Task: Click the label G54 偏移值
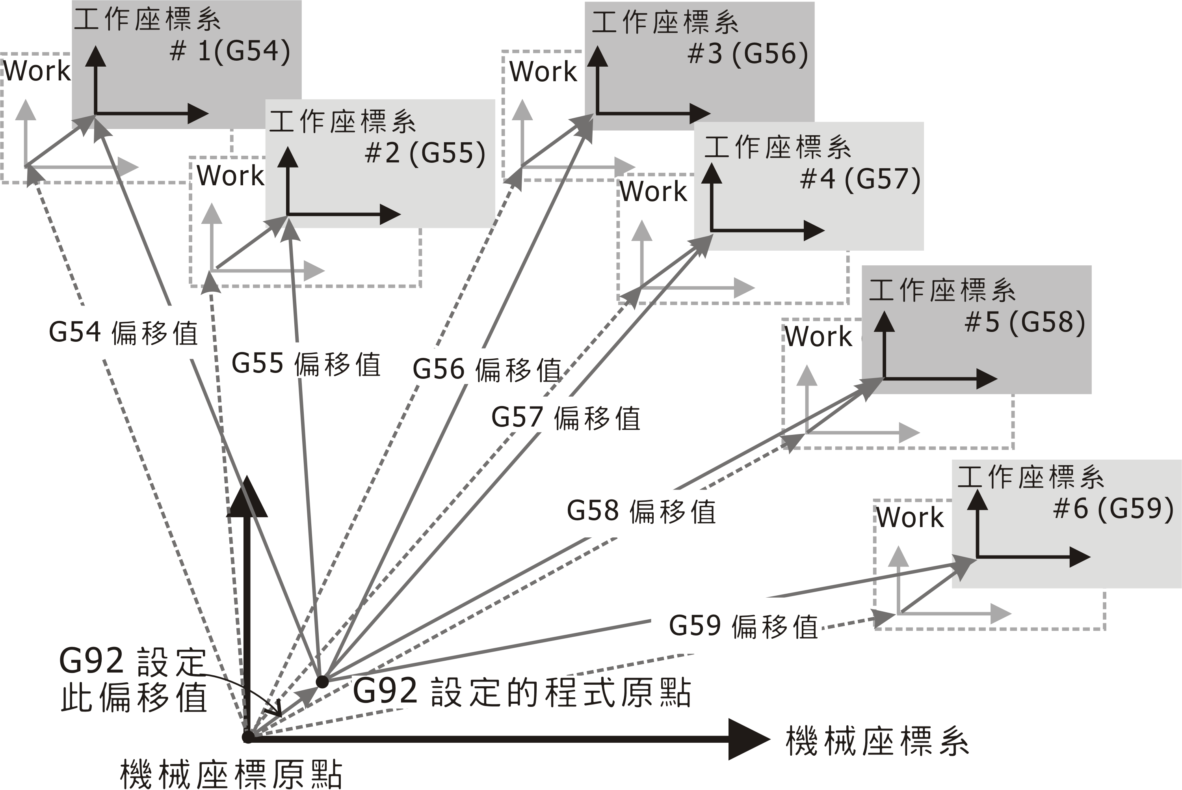tap(123, 333)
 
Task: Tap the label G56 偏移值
tap(487, 369)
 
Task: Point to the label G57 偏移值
tap(566, 418)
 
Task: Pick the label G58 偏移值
tap(641, 511)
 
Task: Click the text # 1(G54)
tap(230, 51)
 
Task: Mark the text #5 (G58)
tap(1025, 322)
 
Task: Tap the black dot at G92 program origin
tap(322, 682)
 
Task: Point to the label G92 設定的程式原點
tap(522, 692)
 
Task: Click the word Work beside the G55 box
tap(230, 176)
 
